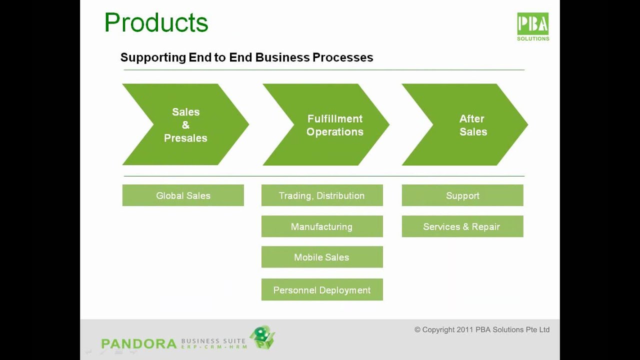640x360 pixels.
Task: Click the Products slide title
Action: click(x=156, y=23)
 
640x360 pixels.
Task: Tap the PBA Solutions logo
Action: click(x=533, y=26)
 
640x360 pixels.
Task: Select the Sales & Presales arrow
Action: click(x=185, y=124)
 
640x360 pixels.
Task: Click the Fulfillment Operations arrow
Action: click(x=334, y=125)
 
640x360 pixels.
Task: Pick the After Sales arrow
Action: click(x=472, y=125)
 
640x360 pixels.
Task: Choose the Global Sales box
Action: click(x=183, y=195)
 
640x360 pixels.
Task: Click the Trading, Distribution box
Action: click(x=322, y=195)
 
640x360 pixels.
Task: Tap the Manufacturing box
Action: click(x=322, y=226)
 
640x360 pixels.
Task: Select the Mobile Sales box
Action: click(x=322, y=257)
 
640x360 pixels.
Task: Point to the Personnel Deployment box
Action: click(x=322, y=290)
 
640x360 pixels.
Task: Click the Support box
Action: click(x=462, y=195)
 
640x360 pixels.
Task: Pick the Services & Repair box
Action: click(x=462, y=226)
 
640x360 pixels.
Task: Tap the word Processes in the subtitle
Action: click(x=342, y=57)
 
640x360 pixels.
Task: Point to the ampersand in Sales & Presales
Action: click(x=185, y=125)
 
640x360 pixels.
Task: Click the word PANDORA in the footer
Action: click(x=138, y=344)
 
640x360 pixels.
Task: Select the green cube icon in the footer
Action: click(x=262, y=337)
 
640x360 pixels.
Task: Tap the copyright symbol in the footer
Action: click(x=417, y=329)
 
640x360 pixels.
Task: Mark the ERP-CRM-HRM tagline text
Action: click(x=213, y=347)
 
